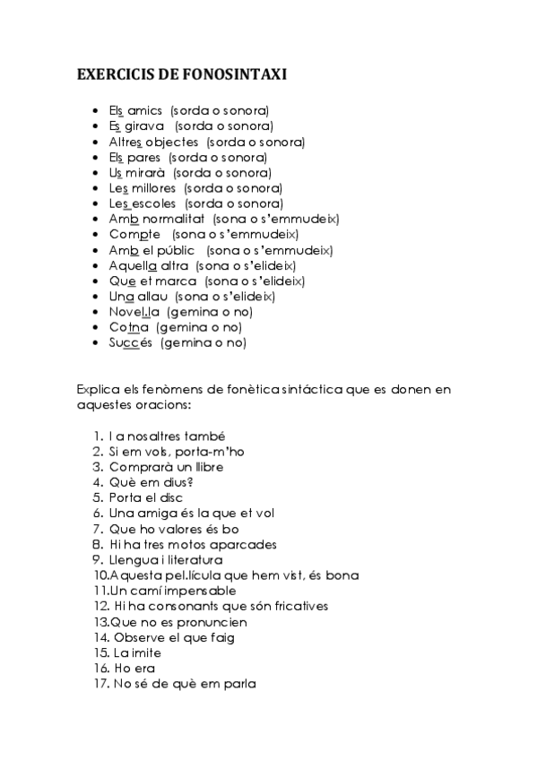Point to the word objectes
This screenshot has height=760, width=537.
coord(171,142)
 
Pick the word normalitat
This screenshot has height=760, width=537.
coord(172,219)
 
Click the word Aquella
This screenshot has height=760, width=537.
coord(134,265)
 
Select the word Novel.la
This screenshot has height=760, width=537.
coord(135,312)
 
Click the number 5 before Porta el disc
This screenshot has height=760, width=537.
coord(97,497)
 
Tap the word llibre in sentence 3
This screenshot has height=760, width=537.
coord(206,467)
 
